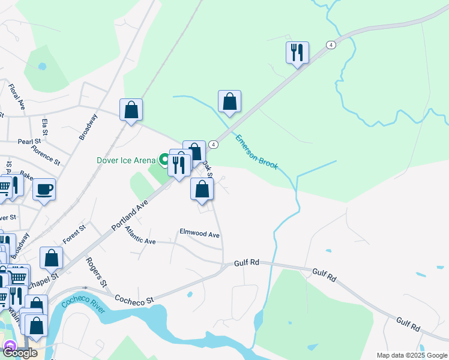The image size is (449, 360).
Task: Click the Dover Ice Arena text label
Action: [126, 160]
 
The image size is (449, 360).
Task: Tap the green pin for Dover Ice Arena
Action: [164, 160]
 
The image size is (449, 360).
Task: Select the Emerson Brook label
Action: [257, 151]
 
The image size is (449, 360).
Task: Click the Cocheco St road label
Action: [134, 298]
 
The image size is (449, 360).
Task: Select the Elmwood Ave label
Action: [200, 233]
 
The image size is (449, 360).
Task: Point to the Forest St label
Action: [74, 232]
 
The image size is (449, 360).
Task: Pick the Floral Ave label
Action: [17, 97]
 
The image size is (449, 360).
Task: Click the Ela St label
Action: [45, 127]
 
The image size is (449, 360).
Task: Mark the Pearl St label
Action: [29, 142]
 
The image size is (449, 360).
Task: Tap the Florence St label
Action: [46, 155]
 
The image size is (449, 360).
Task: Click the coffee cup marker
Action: [44, 190]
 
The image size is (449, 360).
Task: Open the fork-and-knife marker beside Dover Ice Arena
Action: [179, 165]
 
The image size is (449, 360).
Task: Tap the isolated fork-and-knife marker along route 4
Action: [297, 53]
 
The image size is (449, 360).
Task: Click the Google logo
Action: [20, 352]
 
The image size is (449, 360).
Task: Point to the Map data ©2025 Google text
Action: [412, 355]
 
